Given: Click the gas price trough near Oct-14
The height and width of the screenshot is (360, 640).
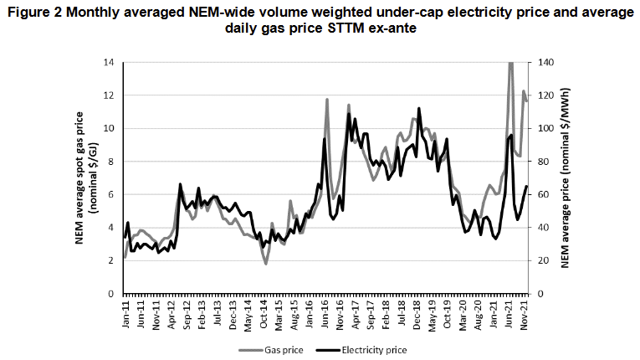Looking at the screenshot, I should (266, 264).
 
